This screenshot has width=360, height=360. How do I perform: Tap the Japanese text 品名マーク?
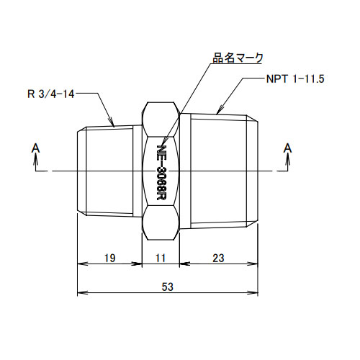[238, 57]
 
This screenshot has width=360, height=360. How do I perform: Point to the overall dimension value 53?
[168, 287]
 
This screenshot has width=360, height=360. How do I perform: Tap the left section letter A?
[35, 148]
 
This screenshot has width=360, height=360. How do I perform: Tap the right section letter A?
[288, 148]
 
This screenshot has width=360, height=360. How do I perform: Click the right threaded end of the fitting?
[220, 171]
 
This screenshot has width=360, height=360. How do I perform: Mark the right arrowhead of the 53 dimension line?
[257, 293]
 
